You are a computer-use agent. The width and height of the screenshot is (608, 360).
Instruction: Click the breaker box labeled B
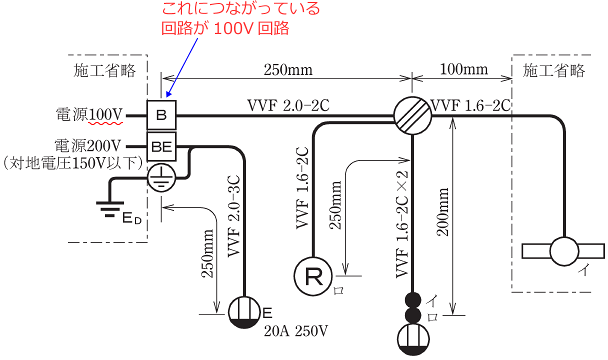coord(161,115)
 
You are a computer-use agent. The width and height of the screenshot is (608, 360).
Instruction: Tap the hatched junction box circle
coord(412,115)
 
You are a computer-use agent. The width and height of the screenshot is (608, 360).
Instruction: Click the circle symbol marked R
coord(313,276)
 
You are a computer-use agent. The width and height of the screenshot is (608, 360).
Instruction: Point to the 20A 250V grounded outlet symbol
coord(245,313)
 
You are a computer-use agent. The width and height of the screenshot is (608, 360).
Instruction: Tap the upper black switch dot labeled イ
coord(413,300)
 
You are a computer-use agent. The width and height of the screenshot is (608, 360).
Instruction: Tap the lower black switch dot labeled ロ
coord(413,315)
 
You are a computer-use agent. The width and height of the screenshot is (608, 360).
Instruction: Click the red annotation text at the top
coord(240,18)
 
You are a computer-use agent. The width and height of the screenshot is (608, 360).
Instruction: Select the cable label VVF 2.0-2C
coord(287,105)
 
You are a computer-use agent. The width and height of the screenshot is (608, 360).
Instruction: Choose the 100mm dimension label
coord(463,69)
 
